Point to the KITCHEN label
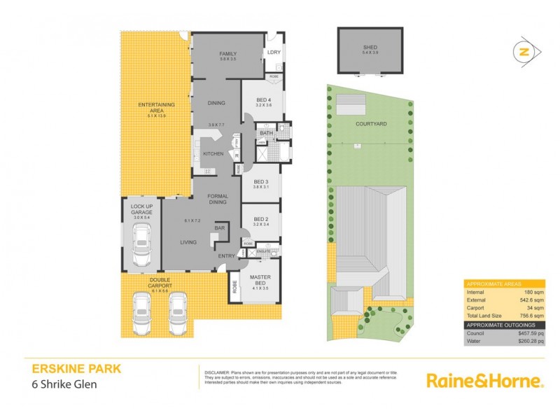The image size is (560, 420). [213, 153]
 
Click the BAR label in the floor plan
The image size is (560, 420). [219, 228]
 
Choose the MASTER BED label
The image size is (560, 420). [260, 279]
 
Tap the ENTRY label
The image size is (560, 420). [226, 256]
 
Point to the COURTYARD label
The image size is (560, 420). [371, 123]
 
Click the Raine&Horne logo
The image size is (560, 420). [484, 381]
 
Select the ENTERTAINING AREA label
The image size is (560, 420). [156, 108]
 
